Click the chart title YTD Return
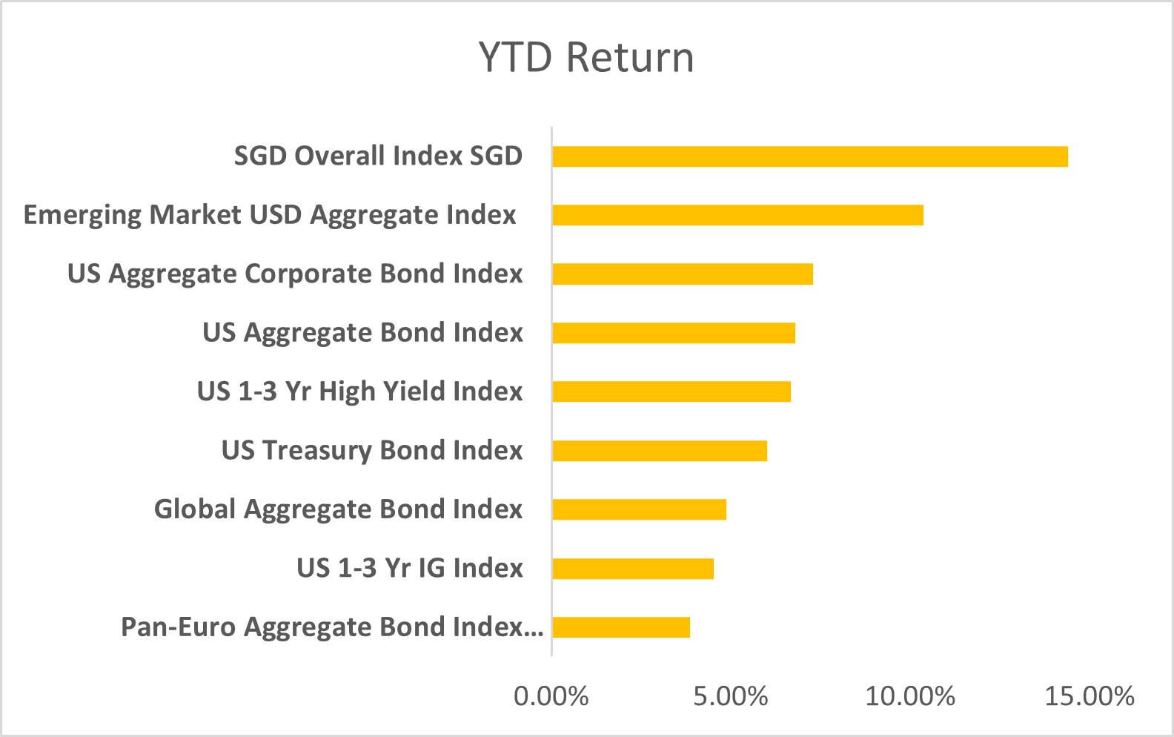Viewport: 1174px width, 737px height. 586,58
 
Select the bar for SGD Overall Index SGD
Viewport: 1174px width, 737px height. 809,156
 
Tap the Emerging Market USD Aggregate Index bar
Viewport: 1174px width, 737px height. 737,215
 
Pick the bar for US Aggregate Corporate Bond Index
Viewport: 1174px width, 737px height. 682,274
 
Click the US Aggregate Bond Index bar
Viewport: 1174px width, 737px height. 673,333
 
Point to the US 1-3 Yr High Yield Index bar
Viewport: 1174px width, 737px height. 671,391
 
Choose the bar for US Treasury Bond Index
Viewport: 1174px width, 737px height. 659,451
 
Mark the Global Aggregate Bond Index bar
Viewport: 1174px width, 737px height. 639,509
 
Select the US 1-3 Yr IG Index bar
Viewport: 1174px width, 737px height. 632,569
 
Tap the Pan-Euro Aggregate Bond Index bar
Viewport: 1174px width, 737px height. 620,627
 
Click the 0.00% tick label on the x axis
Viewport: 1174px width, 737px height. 551,696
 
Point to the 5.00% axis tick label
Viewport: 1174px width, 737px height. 731,696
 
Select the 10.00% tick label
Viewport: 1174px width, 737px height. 910,696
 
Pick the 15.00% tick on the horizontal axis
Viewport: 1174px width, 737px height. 1090,696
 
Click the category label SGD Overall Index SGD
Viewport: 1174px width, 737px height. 378,156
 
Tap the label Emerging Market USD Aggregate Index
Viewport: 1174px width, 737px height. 270,215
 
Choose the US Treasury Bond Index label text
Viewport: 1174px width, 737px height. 372,451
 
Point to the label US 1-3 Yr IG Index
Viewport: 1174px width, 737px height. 410,569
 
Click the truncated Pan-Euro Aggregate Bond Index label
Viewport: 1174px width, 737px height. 332,627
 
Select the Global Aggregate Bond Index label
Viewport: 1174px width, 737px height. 338,509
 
